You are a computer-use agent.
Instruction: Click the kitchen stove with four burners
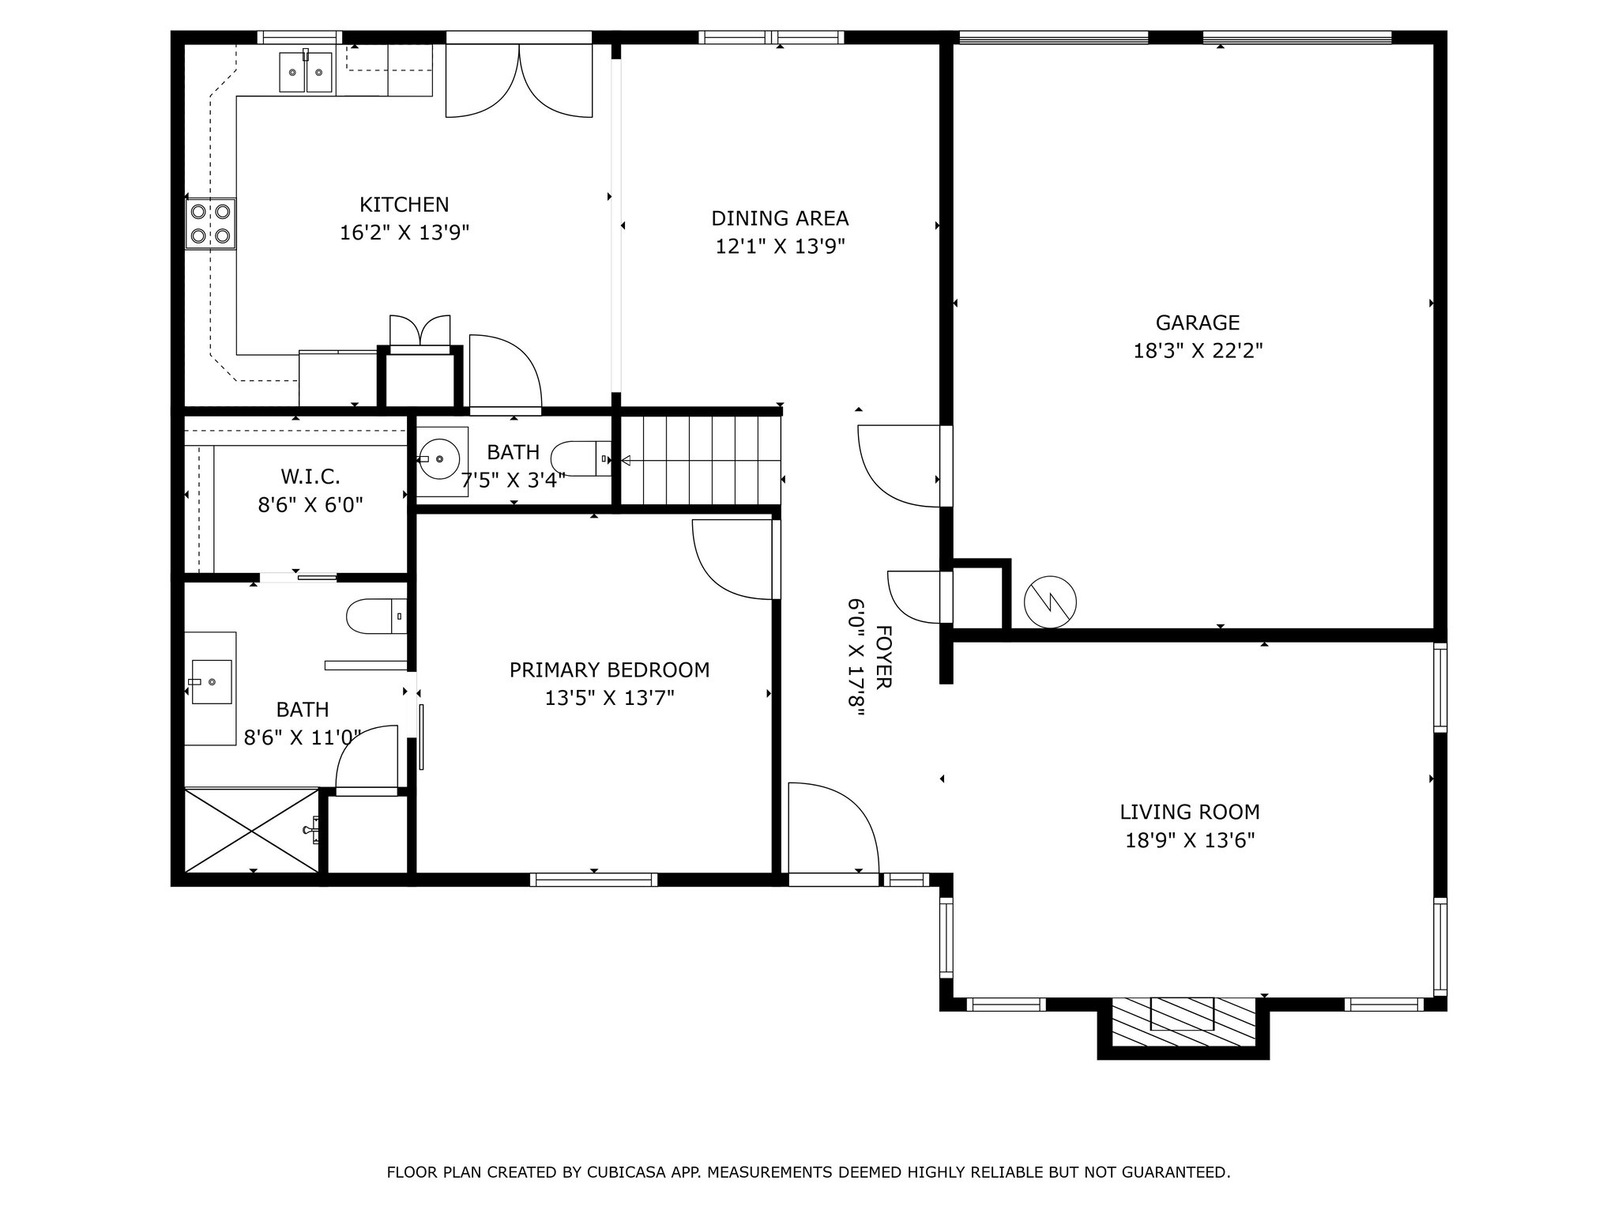pos(211,224)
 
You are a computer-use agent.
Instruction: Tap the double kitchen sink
pos(306,71)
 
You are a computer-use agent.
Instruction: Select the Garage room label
pos(1197,322)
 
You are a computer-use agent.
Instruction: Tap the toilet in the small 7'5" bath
pos(581,458)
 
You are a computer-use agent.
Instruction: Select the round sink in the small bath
pos(442,459)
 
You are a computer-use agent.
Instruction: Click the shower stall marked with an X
pos(252,830)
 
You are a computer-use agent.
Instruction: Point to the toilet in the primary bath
pos(376,616)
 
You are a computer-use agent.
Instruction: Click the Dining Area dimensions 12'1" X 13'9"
pos(780,247)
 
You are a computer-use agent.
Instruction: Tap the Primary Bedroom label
pos(609,670)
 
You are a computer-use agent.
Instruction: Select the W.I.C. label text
pos(310,477)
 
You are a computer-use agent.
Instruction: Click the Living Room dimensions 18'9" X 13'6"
pos(1190,839)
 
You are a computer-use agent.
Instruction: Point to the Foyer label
pos(884,657)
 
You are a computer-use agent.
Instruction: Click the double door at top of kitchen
pos(519,80)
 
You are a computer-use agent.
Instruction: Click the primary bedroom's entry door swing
pos(736,559)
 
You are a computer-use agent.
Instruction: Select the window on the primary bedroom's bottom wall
pos(593,879)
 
